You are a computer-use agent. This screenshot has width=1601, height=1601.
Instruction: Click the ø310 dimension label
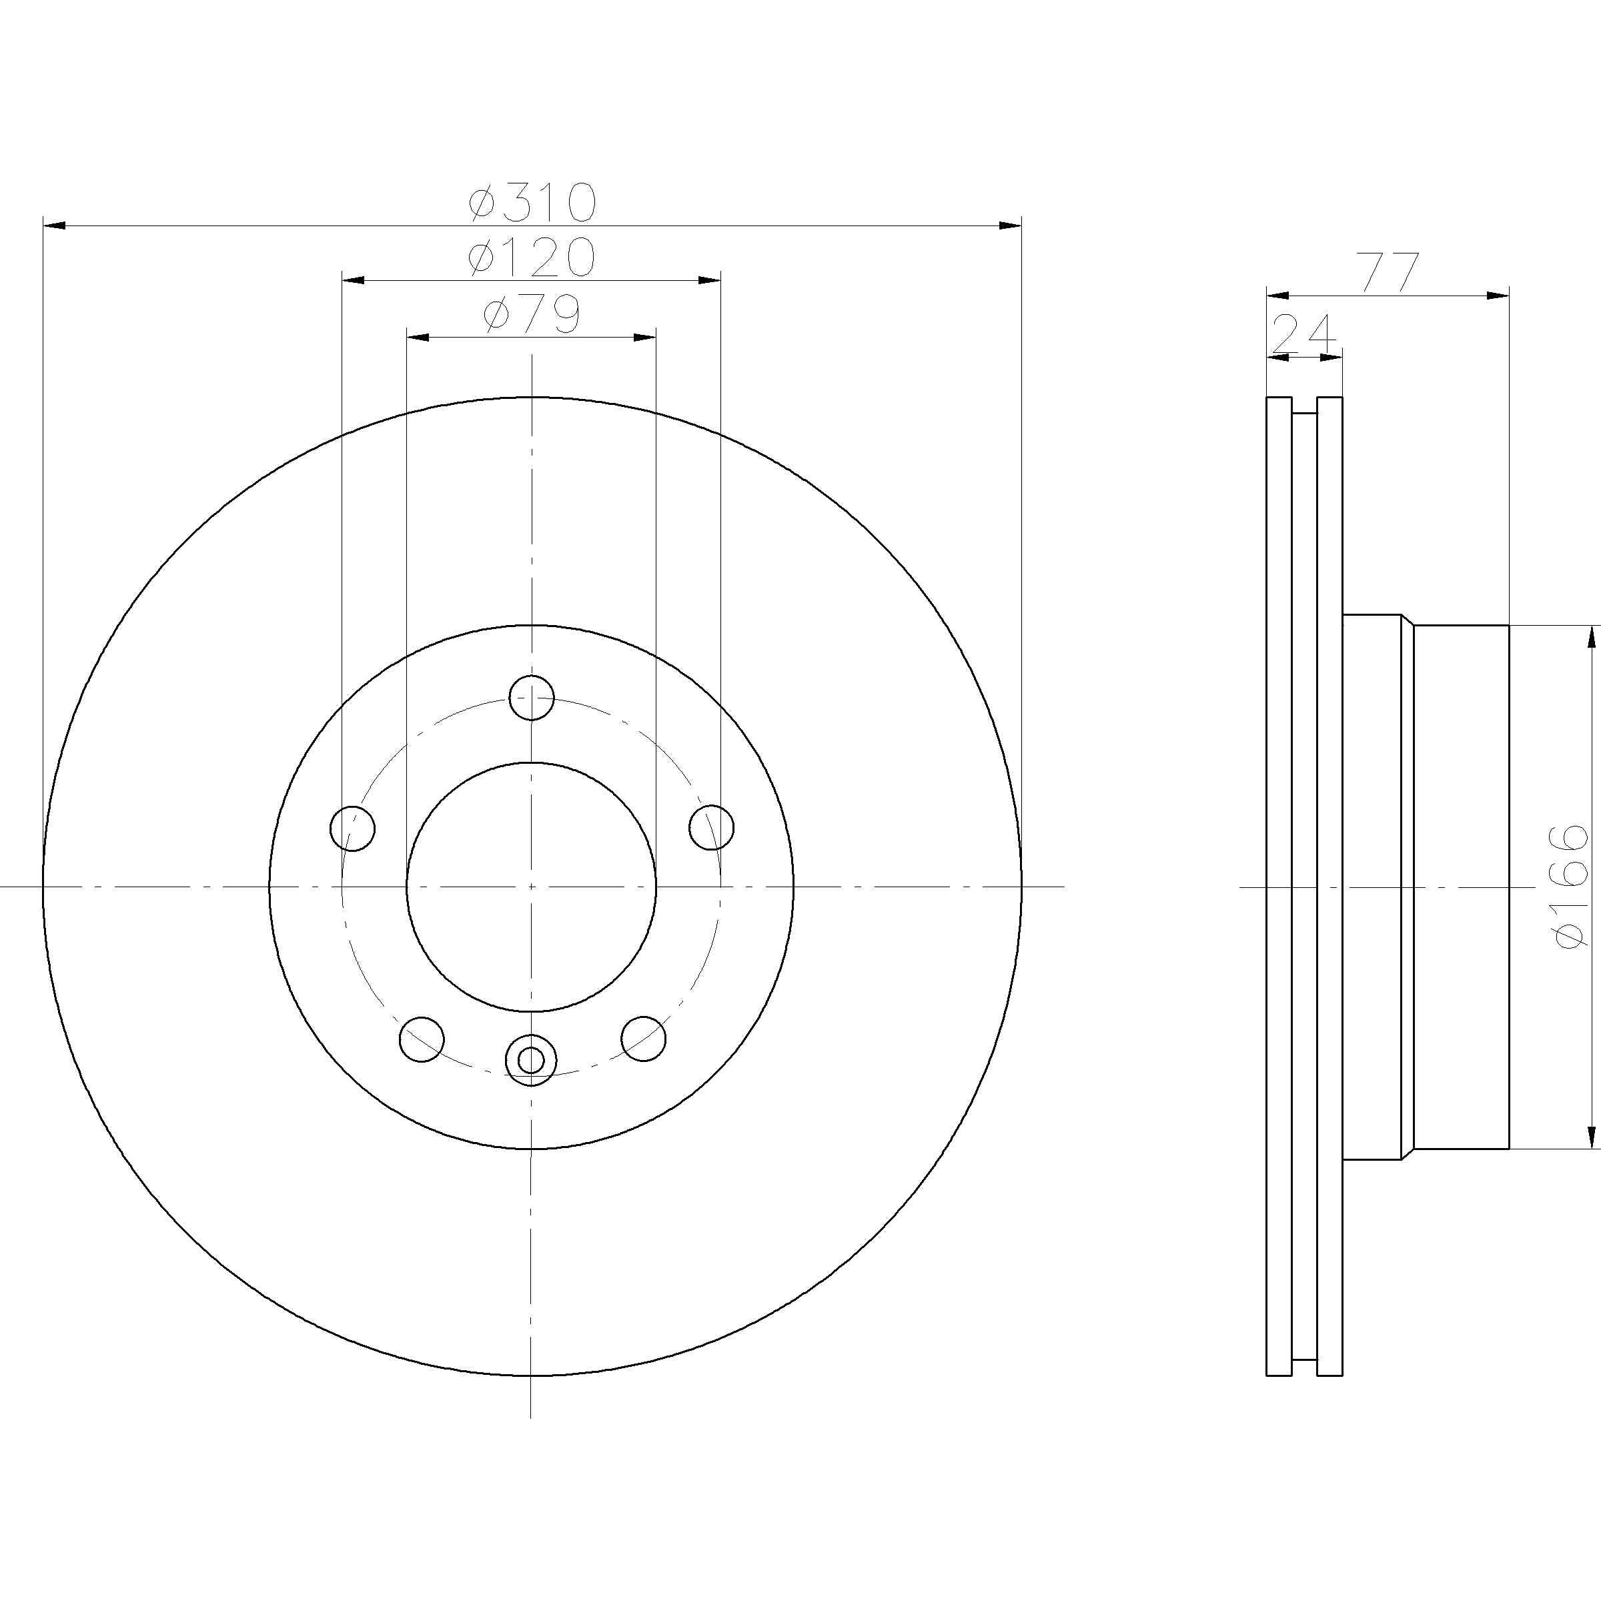coord(532,203)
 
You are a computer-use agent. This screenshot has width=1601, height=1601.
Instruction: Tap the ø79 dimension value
coord(532,316)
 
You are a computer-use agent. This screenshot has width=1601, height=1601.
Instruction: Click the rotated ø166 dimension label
coord(1571,887)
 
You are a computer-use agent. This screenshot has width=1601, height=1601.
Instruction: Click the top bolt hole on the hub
coord(531,697)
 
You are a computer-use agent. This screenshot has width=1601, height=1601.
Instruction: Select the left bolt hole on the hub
coord(352,827)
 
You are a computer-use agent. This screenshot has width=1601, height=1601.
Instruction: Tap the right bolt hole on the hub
coord(712,827)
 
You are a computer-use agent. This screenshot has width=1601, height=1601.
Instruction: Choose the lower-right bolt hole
coord(643,1037)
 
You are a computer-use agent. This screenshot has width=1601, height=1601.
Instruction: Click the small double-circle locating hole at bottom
coord(530,1059)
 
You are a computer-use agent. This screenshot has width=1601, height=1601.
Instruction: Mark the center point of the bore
coord(531,887)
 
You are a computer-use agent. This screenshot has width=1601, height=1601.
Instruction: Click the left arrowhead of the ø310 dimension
coord(53,225)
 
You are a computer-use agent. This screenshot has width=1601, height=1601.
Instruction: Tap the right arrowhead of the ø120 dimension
coord(709,280)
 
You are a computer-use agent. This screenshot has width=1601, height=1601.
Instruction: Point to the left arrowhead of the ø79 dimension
coord(417,338)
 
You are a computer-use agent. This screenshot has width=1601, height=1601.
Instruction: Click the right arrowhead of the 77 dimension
coord(1498,295)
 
